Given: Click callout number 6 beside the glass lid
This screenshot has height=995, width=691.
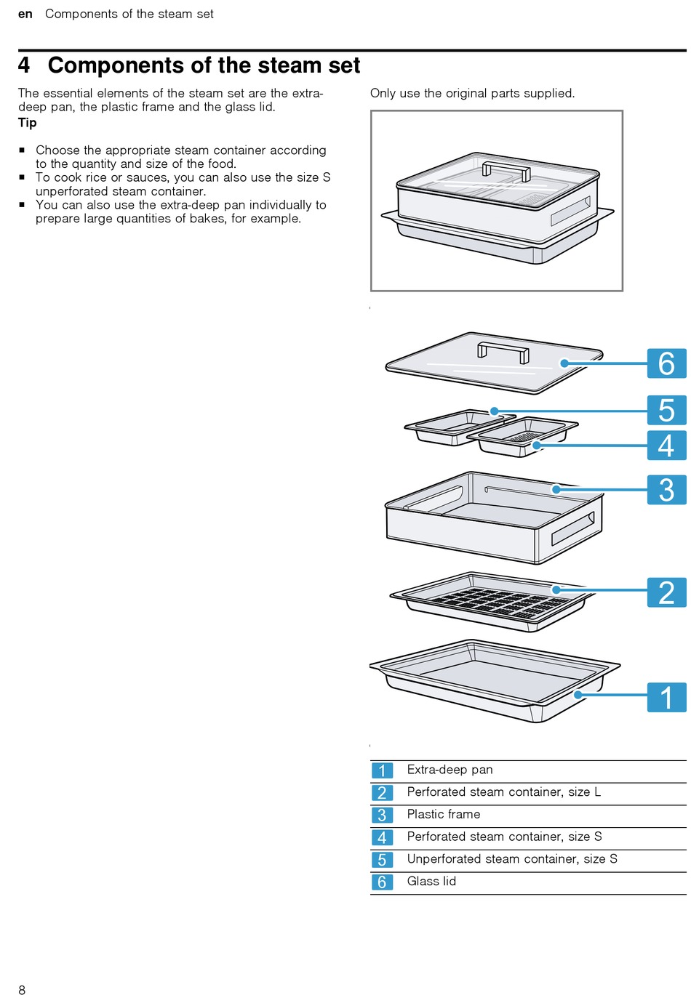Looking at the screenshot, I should (x=666, y=363).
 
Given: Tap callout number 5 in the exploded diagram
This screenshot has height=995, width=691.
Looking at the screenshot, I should (x=666, y=410).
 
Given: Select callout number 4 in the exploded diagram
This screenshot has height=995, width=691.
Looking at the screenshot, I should (x=666, y=445).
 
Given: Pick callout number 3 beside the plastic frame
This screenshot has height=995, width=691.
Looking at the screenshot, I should (x=666, y=490).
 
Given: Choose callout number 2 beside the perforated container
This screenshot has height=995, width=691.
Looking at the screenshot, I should (x=666, y=592).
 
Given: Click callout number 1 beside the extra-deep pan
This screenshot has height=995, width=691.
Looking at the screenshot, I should (x=666, y=697).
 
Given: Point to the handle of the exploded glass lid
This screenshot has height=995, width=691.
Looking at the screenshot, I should (x=503, y=350).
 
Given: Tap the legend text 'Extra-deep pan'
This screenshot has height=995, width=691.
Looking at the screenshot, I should (x=450, y=770).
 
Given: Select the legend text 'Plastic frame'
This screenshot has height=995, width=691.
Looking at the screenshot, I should (x=444, y=814).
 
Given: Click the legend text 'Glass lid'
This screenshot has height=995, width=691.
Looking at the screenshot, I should (x=431, y=881).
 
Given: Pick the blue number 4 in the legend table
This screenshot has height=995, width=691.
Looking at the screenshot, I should (x=382, y=838).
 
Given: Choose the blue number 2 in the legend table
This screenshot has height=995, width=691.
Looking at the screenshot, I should (x=382, y=793).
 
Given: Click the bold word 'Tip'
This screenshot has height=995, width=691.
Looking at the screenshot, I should (x=28, y=123).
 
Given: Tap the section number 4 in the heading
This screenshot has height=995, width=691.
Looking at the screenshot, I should (x=25, y=65).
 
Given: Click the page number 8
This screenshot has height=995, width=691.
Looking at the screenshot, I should (x=22, y=989).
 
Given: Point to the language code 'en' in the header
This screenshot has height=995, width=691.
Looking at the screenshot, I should (x=25, y=15).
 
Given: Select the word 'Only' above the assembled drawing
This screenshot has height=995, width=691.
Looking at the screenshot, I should (x=383, y=93).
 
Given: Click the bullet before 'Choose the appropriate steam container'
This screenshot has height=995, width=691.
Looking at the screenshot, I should (x=23, y=150).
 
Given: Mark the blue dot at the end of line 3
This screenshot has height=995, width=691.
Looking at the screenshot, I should (x=556, y=489).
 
